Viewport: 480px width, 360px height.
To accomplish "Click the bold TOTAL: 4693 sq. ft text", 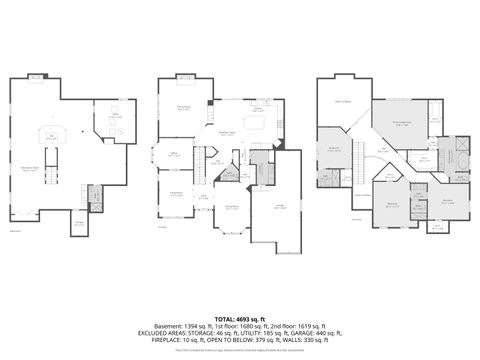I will (x=239, y=316).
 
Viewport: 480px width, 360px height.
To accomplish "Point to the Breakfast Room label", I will (x=227, y=132).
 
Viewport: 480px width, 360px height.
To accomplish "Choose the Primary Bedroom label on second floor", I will (x=401, y=124).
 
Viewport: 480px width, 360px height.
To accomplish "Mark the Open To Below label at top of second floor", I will (x=342, y=101).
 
